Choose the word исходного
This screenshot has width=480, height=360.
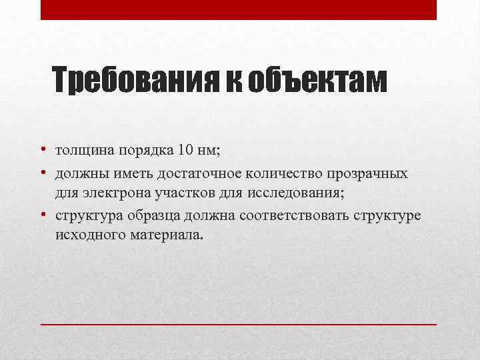click(90, 235)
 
